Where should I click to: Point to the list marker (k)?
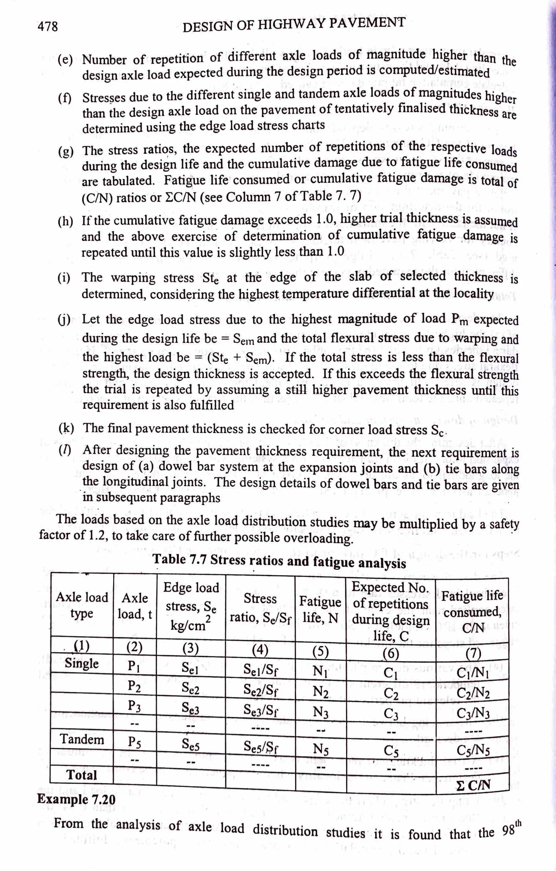click(x=66, y=429)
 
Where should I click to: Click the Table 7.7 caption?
click(x=279, y=561)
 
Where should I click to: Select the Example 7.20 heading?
click(x=76, y=799)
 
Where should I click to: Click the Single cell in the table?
click(x=82, y=663)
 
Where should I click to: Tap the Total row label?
click(x=82, y=775)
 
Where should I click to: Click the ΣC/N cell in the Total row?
click(x=473, y=784)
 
